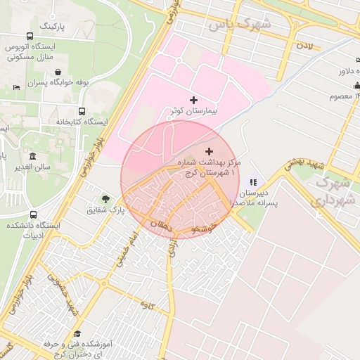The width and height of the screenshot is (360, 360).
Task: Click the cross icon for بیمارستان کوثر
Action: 194,101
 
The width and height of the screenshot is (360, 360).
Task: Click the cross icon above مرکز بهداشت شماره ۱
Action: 209,151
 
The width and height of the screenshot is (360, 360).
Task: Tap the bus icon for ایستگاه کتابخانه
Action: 82,111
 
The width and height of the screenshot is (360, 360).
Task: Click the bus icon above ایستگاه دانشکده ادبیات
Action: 33,214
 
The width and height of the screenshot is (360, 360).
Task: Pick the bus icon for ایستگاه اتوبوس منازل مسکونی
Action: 30,37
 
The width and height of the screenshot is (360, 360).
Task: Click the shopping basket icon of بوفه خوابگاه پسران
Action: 57,71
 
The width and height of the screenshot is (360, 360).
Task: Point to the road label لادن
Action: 304,46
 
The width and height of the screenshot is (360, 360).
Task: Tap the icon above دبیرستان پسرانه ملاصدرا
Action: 252,181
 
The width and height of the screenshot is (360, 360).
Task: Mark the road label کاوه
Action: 147,304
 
